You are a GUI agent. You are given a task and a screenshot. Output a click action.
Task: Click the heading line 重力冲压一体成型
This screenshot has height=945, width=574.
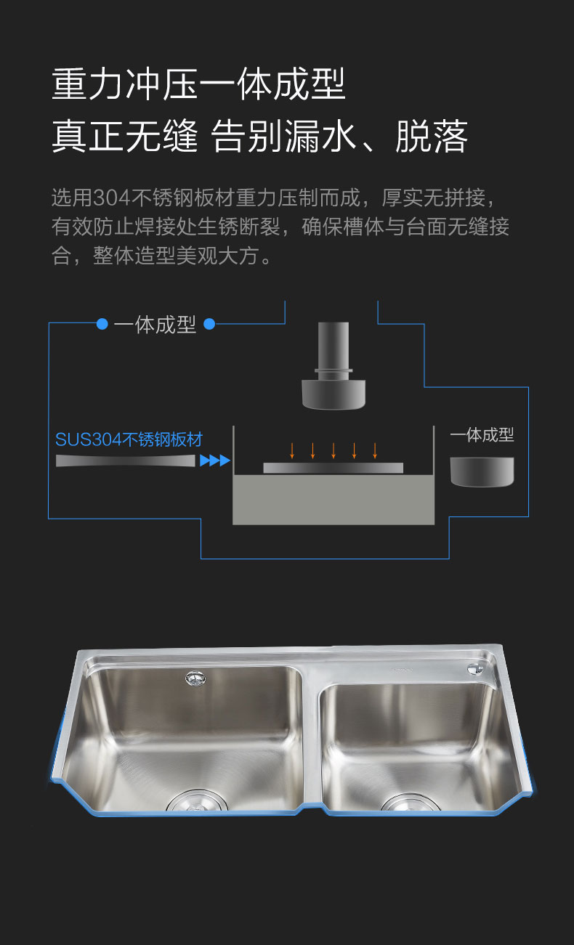pos(198,84)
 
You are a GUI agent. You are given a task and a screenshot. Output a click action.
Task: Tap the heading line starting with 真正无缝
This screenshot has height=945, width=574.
pos(259,136)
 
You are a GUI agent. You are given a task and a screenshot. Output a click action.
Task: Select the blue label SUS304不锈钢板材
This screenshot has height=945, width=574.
pos(129,439)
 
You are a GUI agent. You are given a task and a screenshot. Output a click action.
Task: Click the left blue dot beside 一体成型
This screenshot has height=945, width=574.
pos(102,324)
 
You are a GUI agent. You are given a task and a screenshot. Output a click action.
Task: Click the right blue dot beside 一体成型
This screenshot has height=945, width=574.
pos(209,324)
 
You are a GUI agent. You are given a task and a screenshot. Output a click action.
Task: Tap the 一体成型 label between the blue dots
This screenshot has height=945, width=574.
pos(155,325)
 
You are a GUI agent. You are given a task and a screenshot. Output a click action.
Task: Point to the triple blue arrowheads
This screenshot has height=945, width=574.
pos(215,461)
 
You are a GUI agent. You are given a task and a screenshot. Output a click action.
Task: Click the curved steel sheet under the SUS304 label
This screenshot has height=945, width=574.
pos(126,461)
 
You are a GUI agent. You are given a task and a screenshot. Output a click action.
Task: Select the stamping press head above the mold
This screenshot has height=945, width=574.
pos(334,366)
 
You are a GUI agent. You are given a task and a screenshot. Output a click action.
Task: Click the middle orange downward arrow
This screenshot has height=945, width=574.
pos(334,450)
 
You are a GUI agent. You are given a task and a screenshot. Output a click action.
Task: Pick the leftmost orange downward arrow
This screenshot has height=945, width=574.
pos(292,450)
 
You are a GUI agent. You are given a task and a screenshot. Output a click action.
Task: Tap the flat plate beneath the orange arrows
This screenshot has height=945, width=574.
pos(334,468)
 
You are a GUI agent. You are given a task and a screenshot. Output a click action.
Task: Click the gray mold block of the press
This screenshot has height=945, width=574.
pos(334,500)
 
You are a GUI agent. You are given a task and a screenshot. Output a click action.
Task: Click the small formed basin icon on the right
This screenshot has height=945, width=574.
pos(482,472)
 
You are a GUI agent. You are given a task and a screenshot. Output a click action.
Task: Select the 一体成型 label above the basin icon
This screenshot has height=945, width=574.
pos(482,435)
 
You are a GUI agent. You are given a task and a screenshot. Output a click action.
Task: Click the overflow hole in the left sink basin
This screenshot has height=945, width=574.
pos(195,678)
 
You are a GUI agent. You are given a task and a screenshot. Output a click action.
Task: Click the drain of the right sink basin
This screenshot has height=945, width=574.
pos(411,803)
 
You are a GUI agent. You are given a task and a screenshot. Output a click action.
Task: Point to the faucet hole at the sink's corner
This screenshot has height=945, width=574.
pos(476,669)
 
